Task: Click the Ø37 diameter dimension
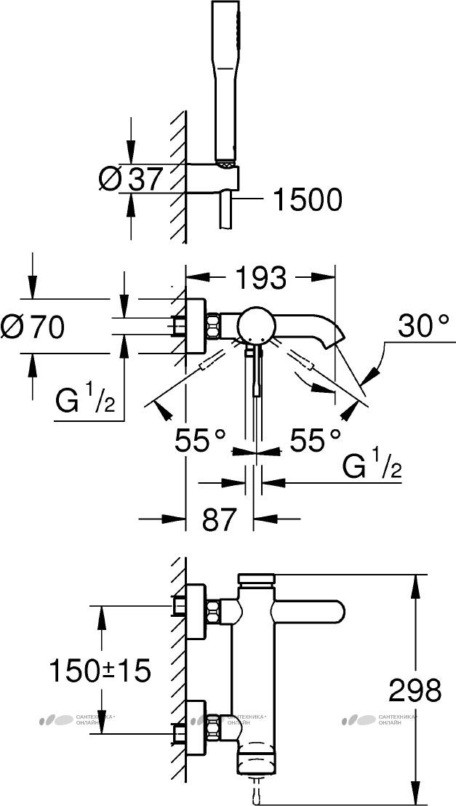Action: point(131,179)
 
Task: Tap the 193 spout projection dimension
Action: point(260,277)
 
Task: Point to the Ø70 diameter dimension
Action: point(33,327)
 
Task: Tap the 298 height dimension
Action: point(415,690)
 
